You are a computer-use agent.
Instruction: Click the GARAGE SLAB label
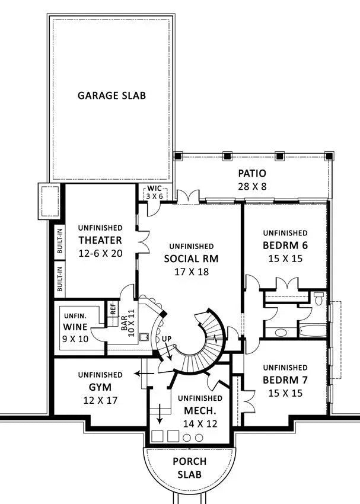pyautogui.click(x=111, y=95)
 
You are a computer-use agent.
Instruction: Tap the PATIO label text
pyautogui.click(x=252, y=174)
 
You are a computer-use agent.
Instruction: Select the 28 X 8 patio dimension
pyautogui.click(x=252, y=186)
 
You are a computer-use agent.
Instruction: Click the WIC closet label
pyautogui.click(x=154, y=189)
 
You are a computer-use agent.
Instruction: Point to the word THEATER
pyautogui.click(x=100, y=240)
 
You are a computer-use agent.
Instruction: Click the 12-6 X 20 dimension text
pyautogui.click(x=100, y=253)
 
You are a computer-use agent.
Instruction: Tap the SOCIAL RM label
pyautogui.click(x=191, y=259)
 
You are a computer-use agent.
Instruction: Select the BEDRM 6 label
pyautogui.click(x=285, y=245)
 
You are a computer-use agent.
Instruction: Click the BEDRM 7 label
pyautogui.click(x=285, y=379)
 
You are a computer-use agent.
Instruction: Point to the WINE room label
pyautogui.click(x=75, y=327)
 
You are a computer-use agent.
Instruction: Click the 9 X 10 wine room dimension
pyautogui.click(x=75, y=340)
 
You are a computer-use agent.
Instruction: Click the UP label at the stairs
pyautogui.click(x=167, y=338)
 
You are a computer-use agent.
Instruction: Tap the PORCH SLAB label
pyautogui.click(x=190, y=467)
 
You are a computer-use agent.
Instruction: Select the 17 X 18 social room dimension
pyautogui.click(x=191, y=272)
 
